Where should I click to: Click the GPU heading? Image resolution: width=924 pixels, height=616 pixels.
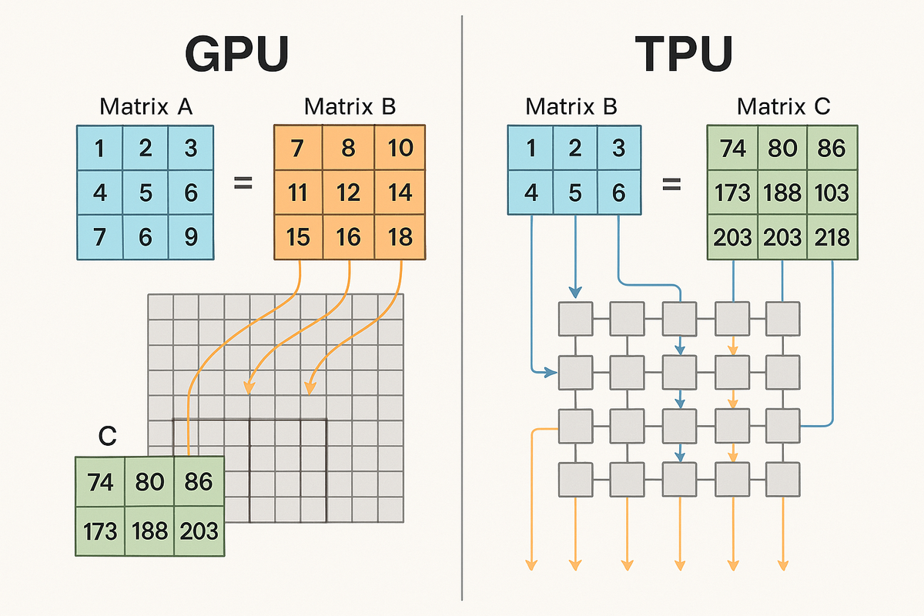[236, 56]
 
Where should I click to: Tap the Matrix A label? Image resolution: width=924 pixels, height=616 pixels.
[146, 107]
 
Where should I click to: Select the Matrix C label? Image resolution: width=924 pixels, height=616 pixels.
[783, 107]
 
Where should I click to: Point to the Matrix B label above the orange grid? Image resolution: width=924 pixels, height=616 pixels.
[350, 107]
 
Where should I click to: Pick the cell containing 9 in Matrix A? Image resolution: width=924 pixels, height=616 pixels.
[190, 236]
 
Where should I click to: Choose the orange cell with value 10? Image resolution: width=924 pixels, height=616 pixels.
[399, 148]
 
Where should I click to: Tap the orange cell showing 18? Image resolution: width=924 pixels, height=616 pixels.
[399, 236]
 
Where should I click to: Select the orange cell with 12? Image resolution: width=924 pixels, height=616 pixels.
[349, 192]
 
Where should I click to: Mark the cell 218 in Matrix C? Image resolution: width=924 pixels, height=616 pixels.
[832, 236]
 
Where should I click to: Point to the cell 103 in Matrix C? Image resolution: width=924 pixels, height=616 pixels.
[832, 192]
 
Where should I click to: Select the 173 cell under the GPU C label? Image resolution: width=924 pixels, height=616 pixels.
[100, 531]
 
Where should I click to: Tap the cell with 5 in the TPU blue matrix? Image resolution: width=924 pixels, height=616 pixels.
[573, 192]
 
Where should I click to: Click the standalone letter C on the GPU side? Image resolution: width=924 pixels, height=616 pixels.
[108, 437]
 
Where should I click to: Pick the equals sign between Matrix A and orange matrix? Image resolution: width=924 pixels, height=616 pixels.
[243, 185]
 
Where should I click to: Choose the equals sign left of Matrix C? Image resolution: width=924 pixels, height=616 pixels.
[672, 185]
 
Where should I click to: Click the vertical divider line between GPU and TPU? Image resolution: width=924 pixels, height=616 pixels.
[461, 308]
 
